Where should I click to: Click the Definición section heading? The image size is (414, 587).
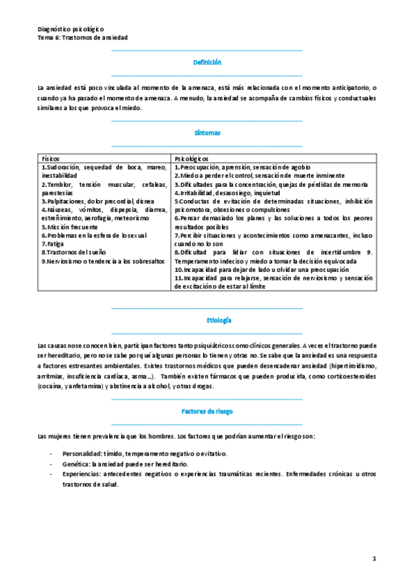[207, 62]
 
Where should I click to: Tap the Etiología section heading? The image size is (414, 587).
[207, 321]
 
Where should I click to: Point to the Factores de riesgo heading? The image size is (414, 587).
[207, 411]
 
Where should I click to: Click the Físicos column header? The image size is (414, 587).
[51, 159]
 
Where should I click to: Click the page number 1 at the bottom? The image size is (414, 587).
[373, 557]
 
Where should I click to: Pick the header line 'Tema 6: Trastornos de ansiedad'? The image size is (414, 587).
[82, 38]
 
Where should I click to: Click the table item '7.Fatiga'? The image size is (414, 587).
[53, 244]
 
